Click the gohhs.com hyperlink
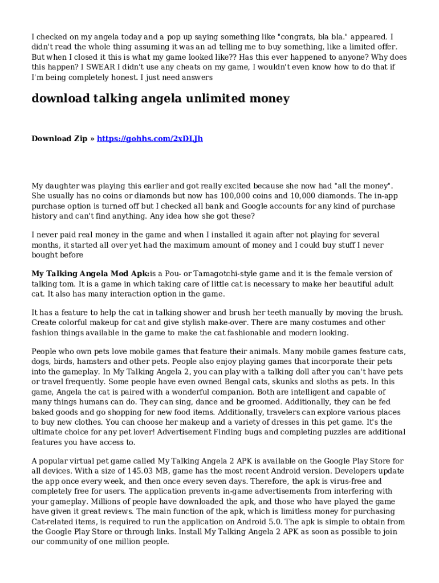[x=150, y=138]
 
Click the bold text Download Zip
[x=59, y=138]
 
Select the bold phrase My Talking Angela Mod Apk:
[x=91, y=274]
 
